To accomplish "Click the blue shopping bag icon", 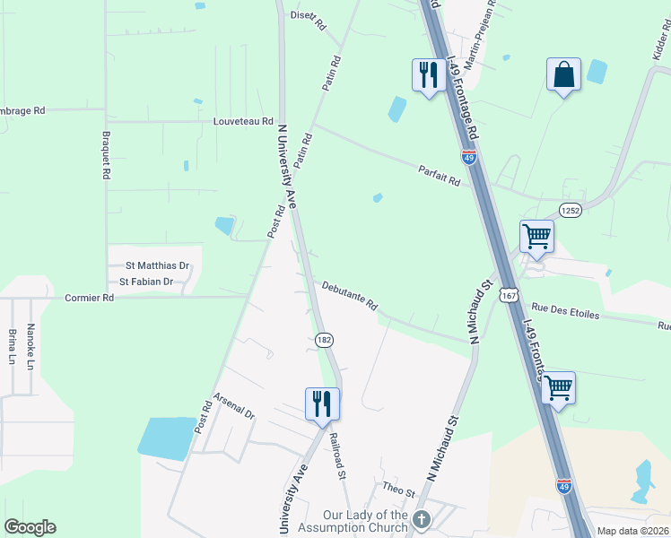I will point(563,75).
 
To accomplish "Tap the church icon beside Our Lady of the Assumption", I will point(423,519).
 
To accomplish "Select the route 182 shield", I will point(324,340).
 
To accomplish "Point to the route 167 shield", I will point(510,295).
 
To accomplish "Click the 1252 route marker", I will point(571,210).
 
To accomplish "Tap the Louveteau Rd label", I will point(243,120).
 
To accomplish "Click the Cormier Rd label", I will point(89,297).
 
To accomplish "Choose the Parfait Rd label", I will point(440,176).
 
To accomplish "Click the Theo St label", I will point(399,490).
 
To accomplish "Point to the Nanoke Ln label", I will point(30,346).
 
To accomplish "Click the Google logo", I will point(30,527).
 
